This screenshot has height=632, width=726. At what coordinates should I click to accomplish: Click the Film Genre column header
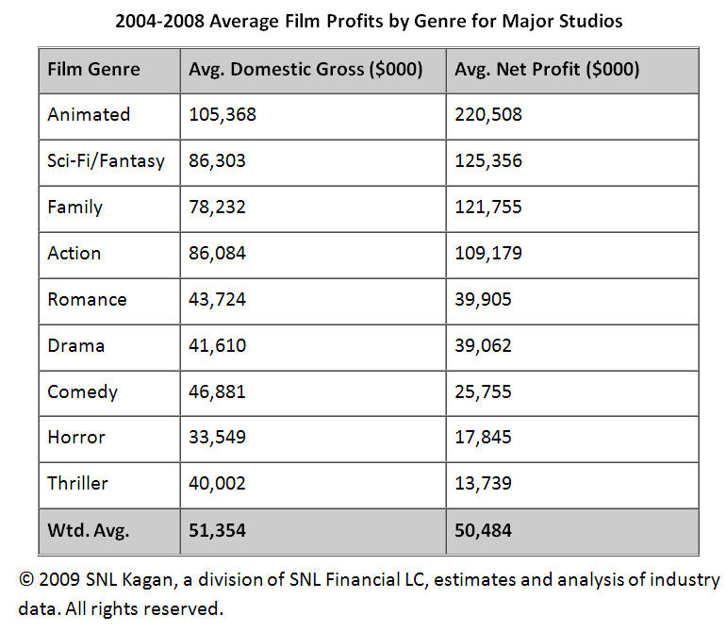coord(93,70)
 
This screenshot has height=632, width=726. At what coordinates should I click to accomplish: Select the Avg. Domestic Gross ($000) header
coord(305,70)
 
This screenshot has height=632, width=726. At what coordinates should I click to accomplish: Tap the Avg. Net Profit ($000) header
coord(546,70)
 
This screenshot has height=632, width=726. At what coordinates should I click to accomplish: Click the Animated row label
coord(89,115)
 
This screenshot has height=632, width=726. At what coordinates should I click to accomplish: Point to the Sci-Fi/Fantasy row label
coord(106,161)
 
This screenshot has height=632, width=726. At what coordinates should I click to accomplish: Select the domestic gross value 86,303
coord(217,161)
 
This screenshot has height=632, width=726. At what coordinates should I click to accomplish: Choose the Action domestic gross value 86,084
coord(217,254)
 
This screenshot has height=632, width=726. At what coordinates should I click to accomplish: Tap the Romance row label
coord(87,300)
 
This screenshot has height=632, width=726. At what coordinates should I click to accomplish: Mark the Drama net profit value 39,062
coord(483,346)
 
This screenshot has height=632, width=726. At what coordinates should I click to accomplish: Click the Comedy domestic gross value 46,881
coord(217,392)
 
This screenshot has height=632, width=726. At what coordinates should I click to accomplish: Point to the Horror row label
coord(76,438)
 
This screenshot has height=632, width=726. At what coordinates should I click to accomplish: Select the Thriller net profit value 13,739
coord(483,484)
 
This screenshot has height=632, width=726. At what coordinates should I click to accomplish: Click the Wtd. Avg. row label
coord(88,531)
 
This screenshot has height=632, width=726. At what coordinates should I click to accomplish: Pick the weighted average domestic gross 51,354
coord(217,531)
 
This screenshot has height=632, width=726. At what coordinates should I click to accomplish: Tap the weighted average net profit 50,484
coord(483,531)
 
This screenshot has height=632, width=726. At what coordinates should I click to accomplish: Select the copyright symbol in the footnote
coord(25,580)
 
